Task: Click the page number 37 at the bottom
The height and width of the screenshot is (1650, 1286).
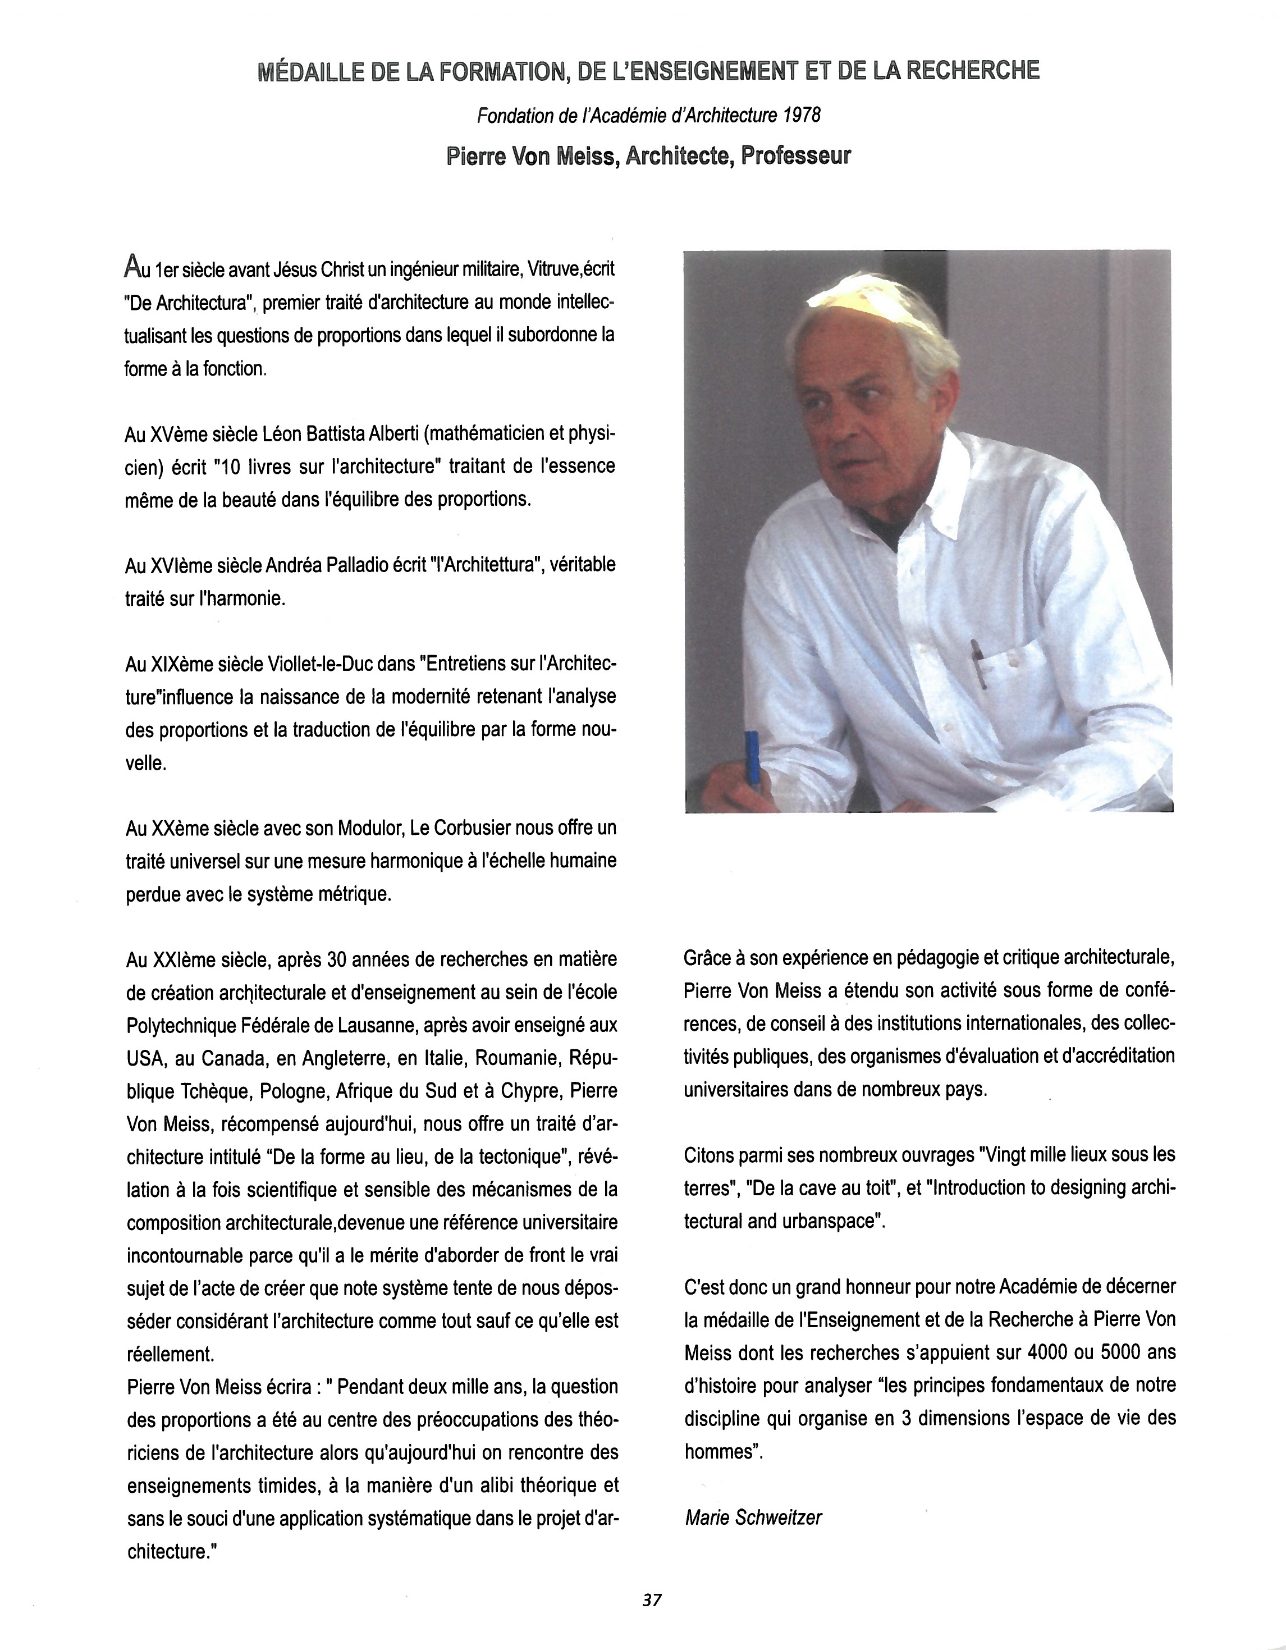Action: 651,1599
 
